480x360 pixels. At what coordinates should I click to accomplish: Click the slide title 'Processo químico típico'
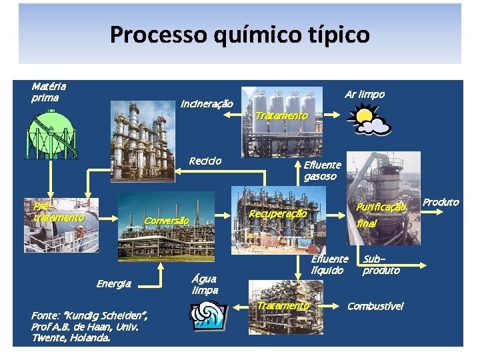coord(239,34)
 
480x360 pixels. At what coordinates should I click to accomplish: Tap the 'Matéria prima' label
coord(48,93)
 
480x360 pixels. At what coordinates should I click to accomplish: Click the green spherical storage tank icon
coord(51,133)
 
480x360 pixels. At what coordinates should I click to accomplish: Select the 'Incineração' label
coord(207,104)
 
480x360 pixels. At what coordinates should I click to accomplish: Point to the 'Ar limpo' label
coord(364,95)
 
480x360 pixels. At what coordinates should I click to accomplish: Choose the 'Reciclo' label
coord(205,161)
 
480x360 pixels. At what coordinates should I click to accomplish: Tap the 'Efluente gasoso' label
coord(322,171)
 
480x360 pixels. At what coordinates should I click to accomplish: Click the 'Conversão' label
coord(167,221)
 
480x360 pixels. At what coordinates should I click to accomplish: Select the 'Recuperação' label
coord(277,214)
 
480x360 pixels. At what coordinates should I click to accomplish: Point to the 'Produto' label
coord(441,202)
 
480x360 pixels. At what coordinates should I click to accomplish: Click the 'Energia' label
coord(113,284)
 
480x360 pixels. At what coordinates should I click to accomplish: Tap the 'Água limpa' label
coord(205,285)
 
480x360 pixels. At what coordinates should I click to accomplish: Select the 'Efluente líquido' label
coord(329,264)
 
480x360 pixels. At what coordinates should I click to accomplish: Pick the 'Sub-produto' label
coord(381,264)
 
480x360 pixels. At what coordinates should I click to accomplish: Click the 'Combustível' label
coord(375,306)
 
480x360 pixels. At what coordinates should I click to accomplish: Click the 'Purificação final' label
coord(380,215)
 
